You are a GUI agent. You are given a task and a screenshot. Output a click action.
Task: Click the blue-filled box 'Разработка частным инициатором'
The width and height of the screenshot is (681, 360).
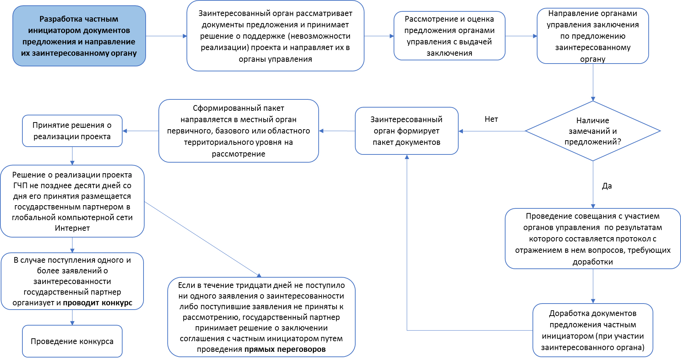click(x=79, y=36)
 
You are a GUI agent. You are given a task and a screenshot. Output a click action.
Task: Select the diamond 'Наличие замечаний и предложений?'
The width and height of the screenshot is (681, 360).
click(x=593, y=131)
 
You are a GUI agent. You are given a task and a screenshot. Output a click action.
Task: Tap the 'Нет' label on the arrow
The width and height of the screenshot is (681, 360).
click(x=491, y=119)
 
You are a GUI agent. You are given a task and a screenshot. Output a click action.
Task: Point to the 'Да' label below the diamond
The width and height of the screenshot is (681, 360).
click(x=607, y=186)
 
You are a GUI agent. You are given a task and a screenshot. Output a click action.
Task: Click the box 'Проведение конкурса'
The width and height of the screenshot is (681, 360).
click(x=72, y=341)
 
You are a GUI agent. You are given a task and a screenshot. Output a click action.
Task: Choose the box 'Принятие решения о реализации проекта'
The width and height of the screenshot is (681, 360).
click(x=72, y=131)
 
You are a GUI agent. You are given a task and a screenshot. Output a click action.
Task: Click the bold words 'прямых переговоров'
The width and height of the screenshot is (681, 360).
click(x=285, y=349)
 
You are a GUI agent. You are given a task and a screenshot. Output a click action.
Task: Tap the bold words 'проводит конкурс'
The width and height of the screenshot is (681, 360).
click(x=97, y=303)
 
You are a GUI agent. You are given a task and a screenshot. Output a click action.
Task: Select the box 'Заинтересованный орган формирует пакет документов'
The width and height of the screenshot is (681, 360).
click(x=406, y=131)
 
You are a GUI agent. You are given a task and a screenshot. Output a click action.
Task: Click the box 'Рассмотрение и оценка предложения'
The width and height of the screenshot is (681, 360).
click(x=449, y=36)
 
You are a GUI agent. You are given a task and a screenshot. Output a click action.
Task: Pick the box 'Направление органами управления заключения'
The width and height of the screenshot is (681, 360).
click(x=593, y=36)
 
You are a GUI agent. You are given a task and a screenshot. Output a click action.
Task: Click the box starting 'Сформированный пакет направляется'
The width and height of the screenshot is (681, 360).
click(x=238, y=131)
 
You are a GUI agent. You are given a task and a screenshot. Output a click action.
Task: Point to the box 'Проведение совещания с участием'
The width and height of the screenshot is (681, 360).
click(x=593, y=239)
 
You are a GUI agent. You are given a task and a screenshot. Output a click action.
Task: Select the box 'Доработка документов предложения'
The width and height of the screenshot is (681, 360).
click(x=593, y=330)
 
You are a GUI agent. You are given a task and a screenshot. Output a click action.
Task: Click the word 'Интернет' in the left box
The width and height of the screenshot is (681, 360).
click(x=72, y=228)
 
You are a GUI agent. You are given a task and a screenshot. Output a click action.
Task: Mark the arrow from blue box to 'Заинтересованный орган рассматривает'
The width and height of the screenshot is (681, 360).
click(x=166, y=36)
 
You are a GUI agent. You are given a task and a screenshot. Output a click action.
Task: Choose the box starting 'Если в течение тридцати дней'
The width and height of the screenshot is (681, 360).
click(x=261, y=317)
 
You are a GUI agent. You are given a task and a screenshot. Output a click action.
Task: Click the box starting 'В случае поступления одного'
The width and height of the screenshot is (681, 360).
click(x=72, y=281)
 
